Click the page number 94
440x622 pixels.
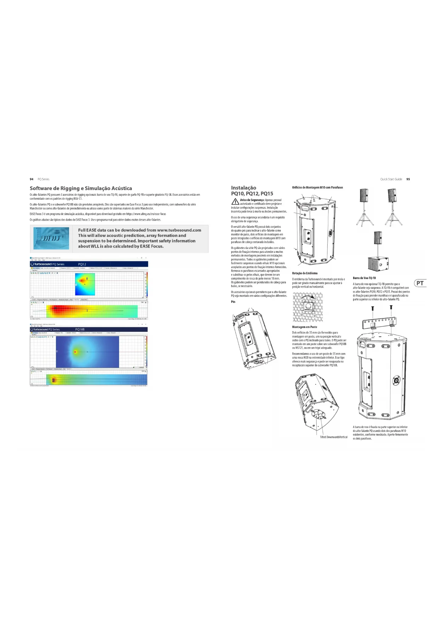(32, 179)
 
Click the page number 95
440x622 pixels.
(408, 179)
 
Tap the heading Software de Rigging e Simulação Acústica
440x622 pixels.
(81, 188)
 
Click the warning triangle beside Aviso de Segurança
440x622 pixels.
(235, 201)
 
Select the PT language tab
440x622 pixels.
(420, 283)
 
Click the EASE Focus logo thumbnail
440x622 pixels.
(51, 238)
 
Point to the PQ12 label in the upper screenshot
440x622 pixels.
(82, 264)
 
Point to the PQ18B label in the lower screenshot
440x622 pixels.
(80, 329)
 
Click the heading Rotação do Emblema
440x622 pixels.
(305, 273)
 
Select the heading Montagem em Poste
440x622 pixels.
(305, 327)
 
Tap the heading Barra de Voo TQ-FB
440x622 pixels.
(364, 278)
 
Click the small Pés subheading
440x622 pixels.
(233, 302)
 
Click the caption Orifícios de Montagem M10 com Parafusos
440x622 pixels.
(317, 188)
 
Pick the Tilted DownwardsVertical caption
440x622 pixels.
(334, 437)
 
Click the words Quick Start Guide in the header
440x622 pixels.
(391, 179)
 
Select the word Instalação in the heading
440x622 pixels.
(244, 188)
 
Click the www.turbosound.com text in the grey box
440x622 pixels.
(179, 230)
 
